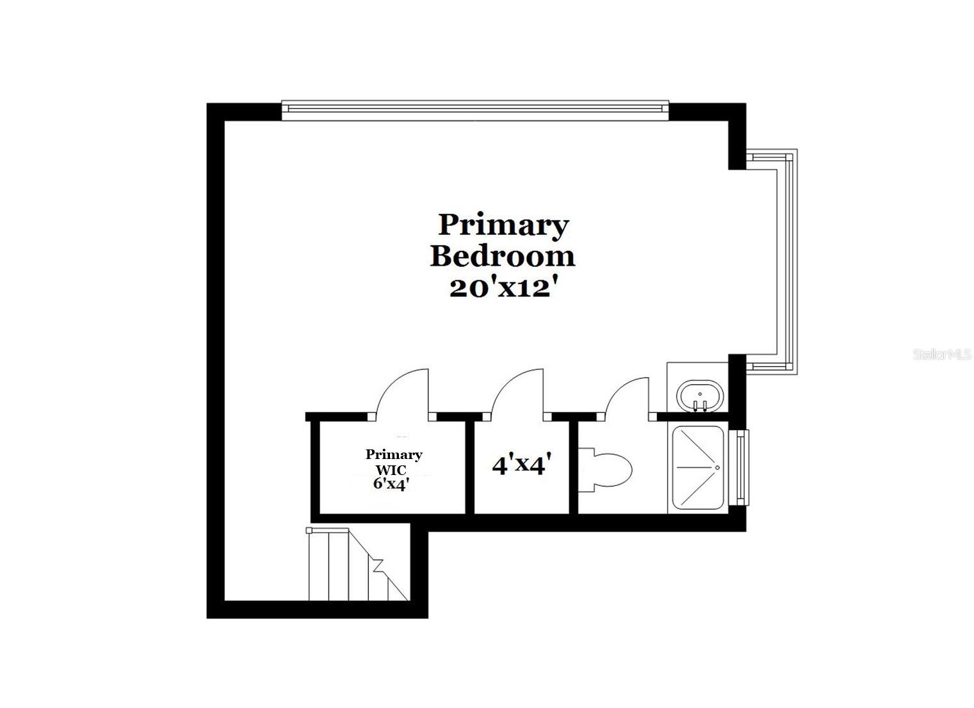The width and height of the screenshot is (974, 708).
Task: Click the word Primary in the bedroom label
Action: click(x=503, y=225)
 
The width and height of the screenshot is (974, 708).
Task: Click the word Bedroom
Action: click(x=502, y=255)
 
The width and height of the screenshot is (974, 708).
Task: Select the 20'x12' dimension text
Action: click(x=501, y=287)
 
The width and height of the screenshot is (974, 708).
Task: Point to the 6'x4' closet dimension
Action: click(x=391, y=484)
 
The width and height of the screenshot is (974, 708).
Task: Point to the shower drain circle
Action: click(x=718, y=467)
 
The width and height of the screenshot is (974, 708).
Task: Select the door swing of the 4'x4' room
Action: click(x=517, y=392)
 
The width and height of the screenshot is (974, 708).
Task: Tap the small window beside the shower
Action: click(x=742, y=467)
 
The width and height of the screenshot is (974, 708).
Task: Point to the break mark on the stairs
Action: click(x=378, y=565)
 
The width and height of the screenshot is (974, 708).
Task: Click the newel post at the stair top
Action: click(x=309, y=531)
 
